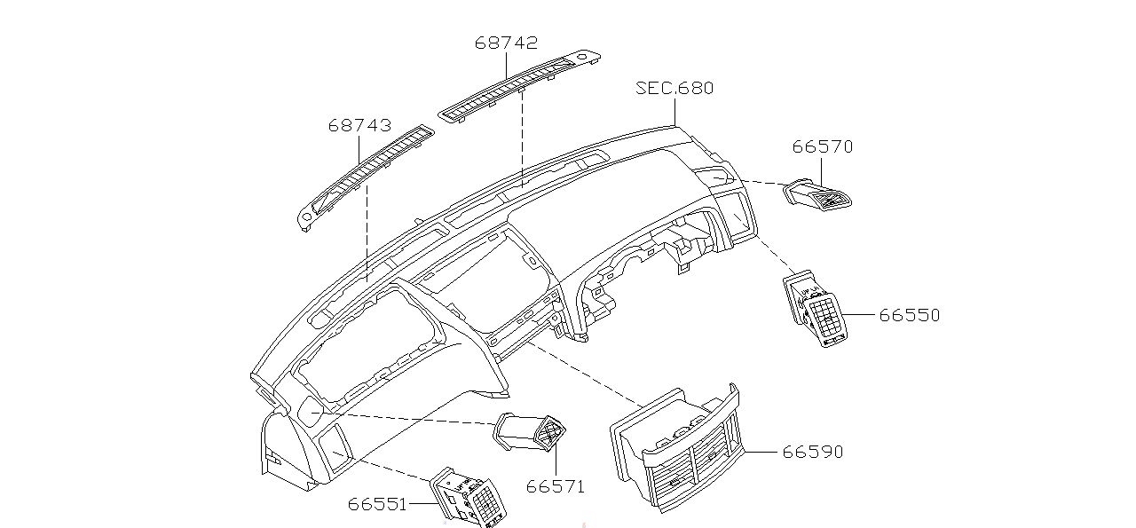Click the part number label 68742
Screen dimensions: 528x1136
point(506,43)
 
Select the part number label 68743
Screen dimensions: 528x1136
point(359,126)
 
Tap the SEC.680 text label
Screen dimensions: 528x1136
point(674,88)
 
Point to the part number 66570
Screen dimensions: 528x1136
point(823,147)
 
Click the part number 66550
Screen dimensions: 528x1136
point(910,315)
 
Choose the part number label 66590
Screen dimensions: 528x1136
point(812,452)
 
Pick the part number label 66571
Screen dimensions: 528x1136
point(556,485)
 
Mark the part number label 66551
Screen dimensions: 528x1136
point(377,504)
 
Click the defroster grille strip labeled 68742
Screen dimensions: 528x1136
point(524,85)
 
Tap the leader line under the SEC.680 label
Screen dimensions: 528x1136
point(674,111)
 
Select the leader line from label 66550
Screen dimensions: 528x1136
point(862,315)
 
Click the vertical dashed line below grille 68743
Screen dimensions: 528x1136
point(366,231)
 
